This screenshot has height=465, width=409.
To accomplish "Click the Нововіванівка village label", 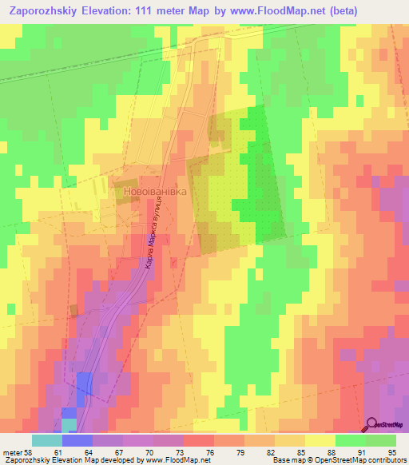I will click(155, 192).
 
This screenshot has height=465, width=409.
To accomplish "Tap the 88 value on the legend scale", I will click(309, 452).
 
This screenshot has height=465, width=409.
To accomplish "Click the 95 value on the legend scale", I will click(390, 452).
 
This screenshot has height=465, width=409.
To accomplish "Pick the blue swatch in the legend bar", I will click(77, 440).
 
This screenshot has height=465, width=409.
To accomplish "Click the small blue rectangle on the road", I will click(83, 389).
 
